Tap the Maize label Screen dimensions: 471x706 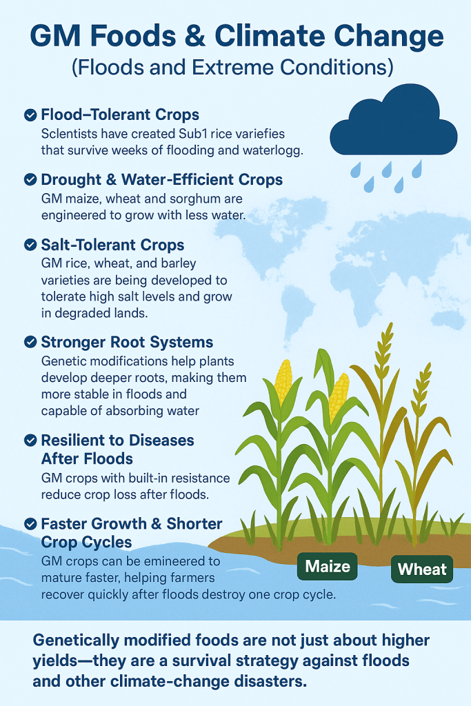coord(328,566)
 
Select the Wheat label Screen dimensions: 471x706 coord(422,569)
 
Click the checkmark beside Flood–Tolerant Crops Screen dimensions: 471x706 coord(30,115)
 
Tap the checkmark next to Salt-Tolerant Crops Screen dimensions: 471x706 coord(30,245)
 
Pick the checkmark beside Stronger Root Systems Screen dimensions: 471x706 coord(30,342)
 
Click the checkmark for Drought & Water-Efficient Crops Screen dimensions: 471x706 coord(30,180)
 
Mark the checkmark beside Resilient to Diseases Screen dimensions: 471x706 coord(30,441)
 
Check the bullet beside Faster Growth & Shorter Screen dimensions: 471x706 coord(30,524)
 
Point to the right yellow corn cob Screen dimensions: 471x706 coord(339,396)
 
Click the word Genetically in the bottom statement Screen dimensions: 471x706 coord(76,641)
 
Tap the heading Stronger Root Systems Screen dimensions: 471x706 coord(127,342)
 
